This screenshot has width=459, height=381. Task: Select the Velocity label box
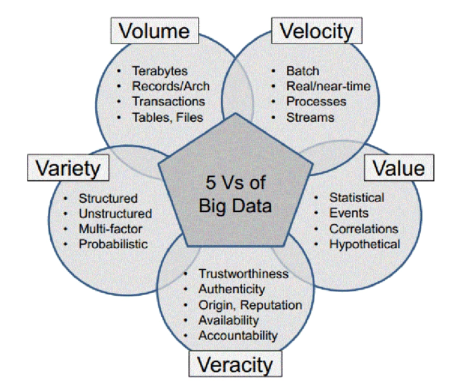[317, 31]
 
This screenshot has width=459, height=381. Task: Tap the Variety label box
[68, 169]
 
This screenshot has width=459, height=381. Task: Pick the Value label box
[398, 169]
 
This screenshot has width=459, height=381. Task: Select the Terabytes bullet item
[159, 72]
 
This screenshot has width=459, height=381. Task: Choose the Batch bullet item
[303, 71]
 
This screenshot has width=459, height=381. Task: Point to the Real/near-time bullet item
[328, 86]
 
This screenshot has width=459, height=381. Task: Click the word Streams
[310, 117]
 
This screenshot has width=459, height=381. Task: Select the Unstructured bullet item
[115, 214]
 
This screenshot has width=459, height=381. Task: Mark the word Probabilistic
[113, 244]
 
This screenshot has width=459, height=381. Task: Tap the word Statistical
[356, 198]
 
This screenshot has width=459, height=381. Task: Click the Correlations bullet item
[363, 228]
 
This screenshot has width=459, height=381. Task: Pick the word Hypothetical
[364, 244]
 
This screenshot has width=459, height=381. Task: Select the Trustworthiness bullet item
[243, 274]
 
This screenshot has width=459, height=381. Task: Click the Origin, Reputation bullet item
[250, 305]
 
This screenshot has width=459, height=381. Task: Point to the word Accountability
[238, 335]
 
